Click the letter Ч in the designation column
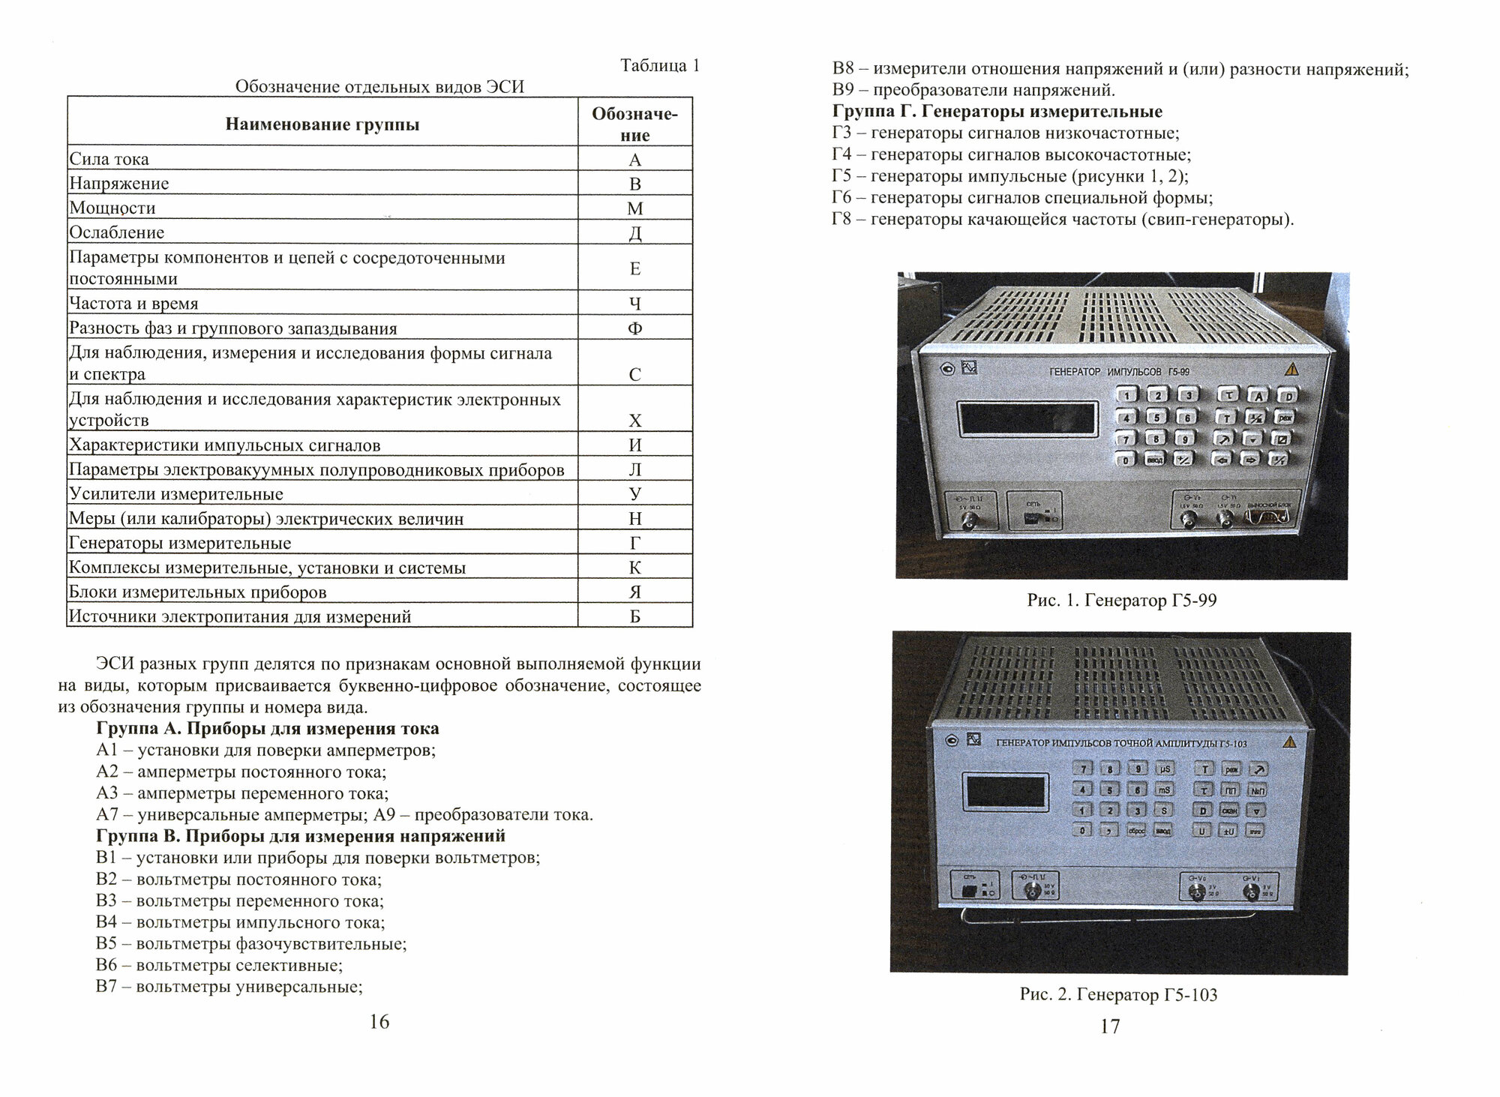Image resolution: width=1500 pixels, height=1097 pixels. [x=634, y=304]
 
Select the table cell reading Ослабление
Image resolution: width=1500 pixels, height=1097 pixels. [x=117, y=232]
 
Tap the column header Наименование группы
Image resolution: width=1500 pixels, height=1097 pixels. [x=322, y=124]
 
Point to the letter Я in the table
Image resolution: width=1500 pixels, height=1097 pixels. [x=634, y=592]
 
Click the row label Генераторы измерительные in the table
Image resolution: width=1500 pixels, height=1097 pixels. [x=180, y=543]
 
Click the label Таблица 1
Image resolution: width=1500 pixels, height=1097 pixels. [x=659, y=66]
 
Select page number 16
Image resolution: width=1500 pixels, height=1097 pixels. [x=379, y=1021]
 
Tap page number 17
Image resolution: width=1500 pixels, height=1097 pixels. [x=1110, y=1027]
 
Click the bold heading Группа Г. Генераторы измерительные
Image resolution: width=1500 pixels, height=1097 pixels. [x=997, y=112]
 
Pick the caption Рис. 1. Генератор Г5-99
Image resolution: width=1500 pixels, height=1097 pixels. [x=1121, y=601]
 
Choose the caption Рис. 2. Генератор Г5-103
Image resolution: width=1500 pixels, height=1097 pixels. [x=1118, y=995]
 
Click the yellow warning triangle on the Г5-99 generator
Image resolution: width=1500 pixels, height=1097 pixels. [x=1291, y=369]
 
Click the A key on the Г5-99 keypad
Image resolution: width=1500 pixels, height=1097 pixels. [x=1258, y=395]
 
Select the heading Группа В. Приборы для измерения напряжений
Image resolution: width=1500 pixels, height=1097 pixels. [x=301, y=835]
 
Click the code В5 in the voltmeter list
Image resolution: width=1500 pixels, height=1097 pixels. [x=106, y=944]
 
